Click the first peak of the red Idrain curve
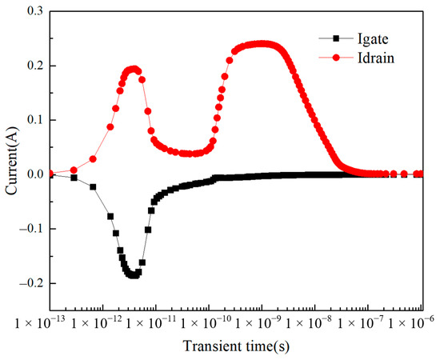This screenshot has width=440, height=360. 134,69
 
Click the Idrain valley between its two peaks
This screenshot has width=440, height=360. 190,154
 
